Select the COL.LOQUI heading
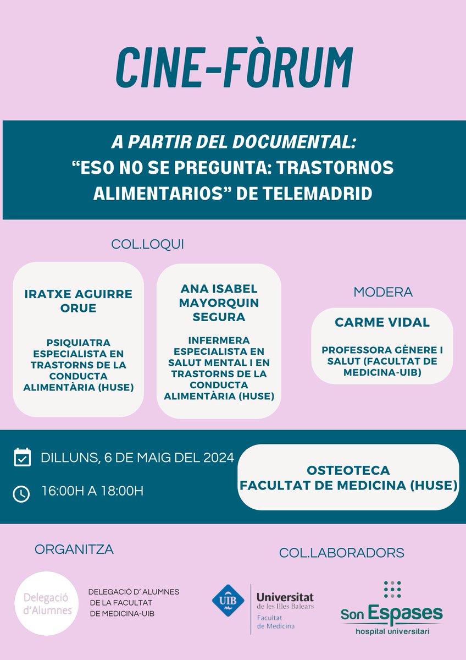coord(147,244)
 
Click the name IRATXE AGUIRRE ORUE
coord(79,301)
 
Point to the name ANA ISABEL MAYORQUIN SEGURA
coord(219,303)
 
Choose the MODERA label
coord(383,291)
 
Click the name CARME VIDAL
coord(382,322)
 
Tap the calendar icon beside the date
coord(22,457)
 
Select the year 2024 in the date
coord(216,457)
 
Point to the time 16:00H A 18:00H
coord(92,491)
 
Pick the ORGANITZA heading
coord(74,549)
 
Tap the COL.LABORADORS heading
coord(341,552)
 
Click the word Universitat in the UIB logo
coord(285,597)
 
